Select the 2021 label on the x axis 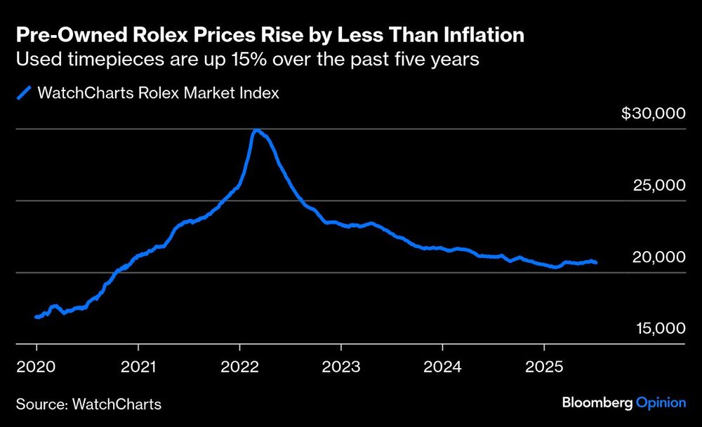coord(138,366)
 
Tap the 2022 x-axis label coord(239,366)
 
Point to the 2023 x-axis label coord(341,366)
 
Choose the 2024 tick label coord(442,366)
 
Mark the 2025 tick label coord(544,366)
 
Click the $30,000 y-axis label coord(653,114)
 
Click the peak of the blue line coord(256,130)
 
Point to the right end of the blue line coord(596,262)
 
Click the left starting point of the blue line coord(37,317)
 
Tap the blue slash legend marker coord(25,93)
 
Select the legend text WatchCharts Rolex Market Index coord(157,93)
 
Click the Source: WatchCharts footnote coord(88,404)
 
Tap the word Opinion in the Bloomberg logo coord(661,402)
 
